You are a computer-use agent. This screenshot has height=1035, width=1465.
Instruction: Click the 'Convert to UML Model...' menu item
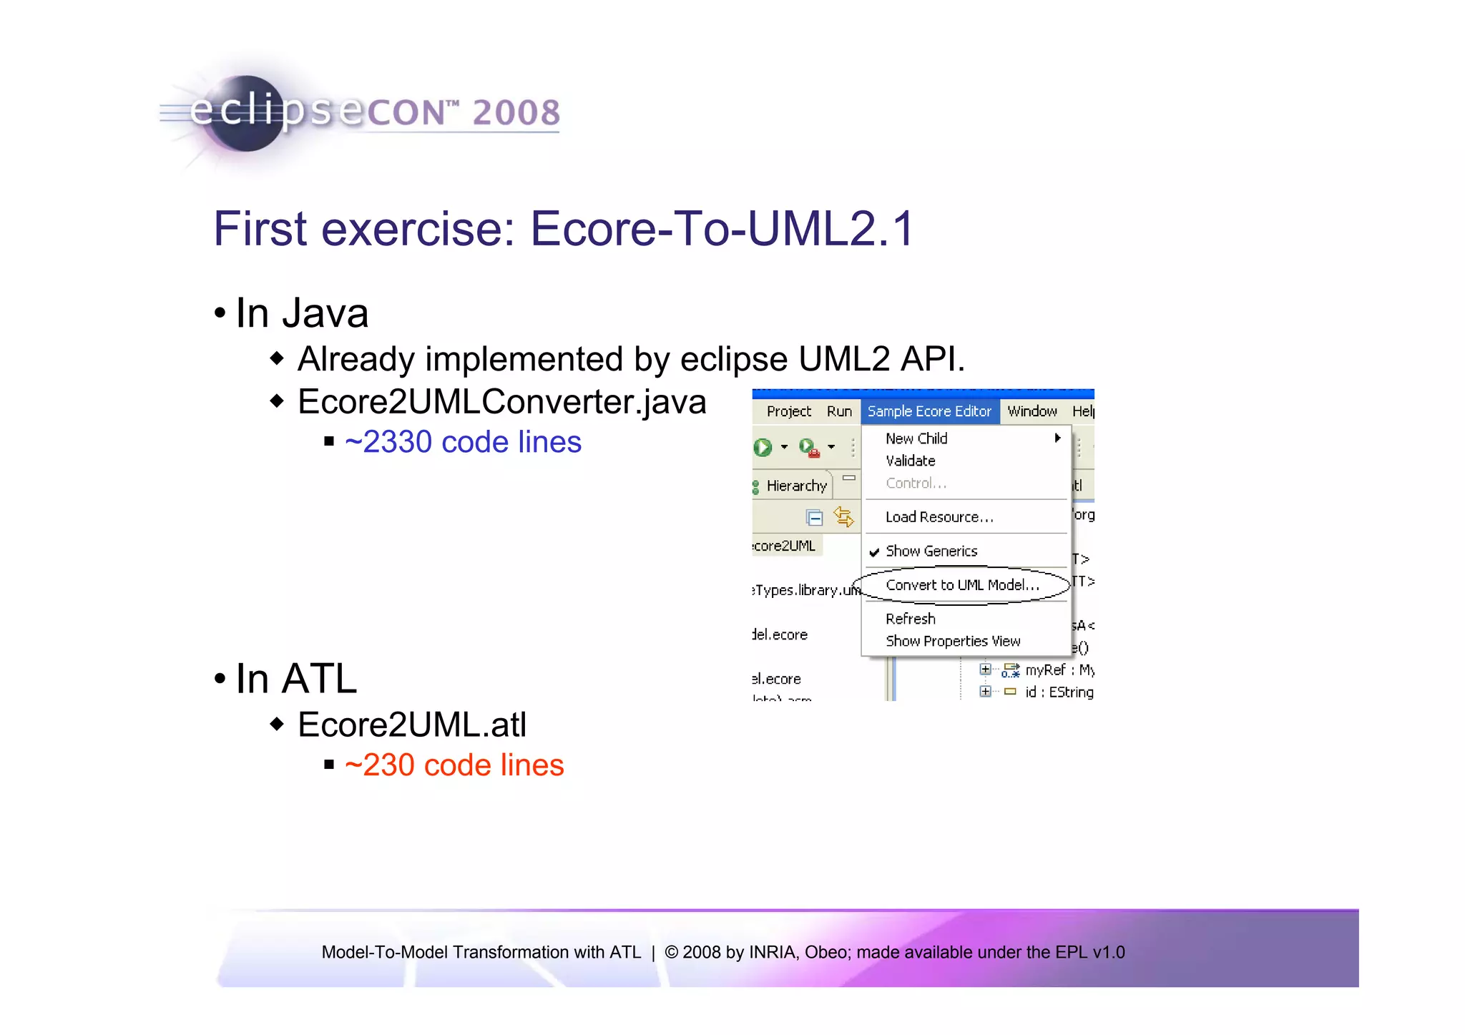[961, 585]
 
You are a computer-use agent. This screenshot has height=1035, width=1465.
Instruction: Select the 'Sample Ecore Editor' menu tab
[929, 411]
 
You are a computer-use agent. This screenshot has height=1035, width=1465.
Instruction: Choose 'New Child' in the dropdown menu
[916, 438]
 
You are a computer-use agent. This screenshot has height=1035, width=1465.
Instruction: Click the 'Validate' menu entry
[910, 461]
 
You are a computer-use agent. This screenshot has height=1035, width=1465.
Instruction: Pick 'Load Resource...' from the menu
[939, 517]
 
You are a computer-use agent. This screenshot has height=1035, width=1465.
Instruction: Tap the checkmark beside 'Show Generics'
[874, 551]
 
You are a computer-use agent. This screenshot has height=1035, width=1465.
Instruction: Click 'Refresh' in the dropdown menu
[910, 619]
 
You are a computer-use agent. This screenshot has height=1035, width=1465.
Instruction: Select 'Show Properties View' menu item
[953, 641]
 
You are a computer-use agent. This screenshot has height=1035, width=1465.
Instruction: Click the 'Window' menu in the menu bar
[1032, 411]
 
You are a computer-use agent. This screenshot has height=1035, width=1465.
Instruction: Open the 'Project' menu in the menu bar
[788, 411]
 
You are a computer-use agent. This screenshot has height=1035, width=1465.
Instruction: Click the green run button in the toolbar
[763, 448]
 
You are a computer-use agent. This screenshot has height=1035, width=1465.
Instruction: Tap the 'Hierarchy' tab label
[796, 486]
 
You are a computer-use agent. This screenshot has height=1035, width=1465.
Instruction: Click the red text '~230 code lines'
[454, 765]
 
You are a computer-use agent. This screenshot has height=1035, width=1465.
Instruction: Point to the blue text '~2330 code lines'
[463, 442]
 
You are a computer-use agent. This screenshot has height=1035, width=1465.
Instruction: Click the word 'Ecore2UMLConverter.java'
[501, 402]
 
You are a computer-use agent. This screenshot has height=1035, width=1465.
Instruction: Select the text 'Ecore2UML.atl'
[412, 725]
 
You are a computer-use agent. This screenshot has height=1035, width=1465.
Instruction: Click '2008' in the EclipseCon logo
[516, 113]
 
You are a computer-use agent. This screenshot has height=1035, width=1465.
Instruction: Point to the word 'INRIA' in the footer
[773, 952]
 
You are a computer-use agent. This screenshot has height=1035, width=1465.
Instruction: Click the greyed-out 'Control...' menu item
[916, 484]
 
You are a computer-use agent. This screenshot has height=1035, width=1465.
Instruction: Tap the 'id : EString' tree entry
[1059, 692]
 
